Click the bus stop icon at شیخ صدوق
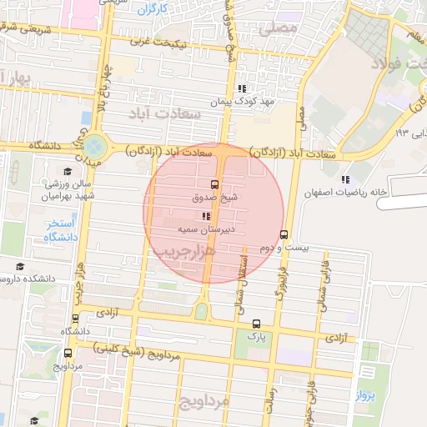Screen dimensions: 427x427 click(215, 184)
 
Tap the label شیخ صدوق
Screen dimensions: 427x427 click(215, 198)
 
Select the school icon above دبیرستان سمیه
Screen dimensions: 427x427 click(207, 216)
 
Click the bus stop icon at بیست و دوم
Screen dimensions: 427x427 click(284, 234)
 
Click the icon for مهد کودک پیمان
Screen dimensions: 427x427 click(241, 88)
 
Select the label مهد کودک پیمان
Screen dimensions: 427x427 click(242, 100)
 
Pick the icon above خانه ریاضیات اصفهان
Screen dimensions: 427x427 click(345, 179)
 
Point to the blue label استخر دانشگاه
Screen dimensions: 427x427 click(61, 230)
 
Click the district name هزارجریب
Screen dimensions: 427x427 click(188, 249)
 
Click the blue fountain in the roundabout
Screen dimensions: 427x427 click(95, 147)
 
